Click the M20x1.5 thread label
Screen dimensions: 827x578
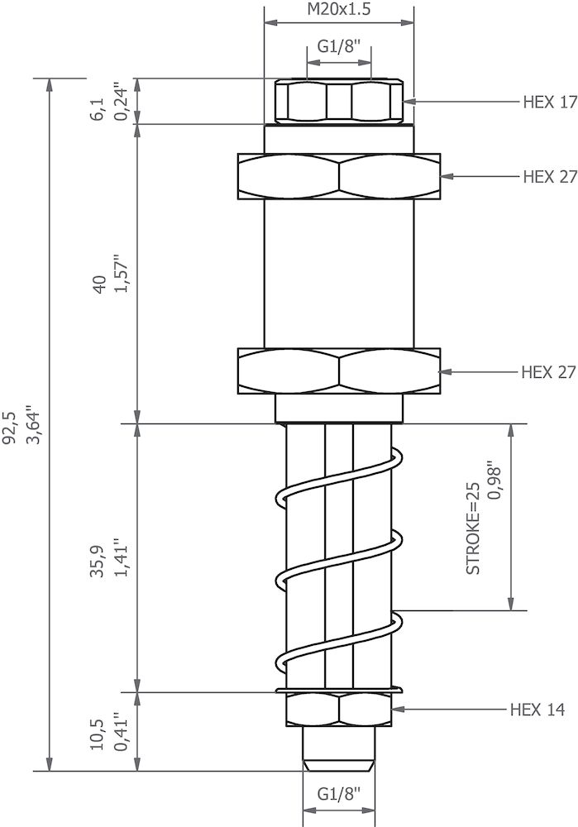point(338,9)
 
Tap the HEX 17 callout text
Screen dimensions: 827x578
point(549,103)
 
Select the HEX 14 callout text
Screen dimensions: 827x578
point(537,710)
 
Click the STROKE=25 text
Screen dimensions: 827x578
point(473,528)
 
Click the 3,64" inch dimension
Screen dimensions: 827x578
point(34,423)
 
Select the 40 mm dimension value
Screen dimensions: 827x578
point(98,285)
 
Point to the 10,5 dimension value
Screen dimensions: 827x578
point(98,732)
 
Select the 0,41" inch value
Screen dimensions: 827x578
point(122,732)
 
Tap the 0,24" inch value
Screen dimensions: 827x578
point(122,101)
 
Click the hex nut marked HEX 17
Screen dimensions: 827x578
point(338,103)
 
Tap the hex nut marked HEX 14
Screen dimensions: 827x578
point(338,710)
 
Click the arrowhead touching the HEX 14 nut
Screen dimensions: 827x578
point(397,710)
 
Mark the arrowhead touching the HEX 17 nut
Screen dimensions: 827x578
point(408,103)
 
